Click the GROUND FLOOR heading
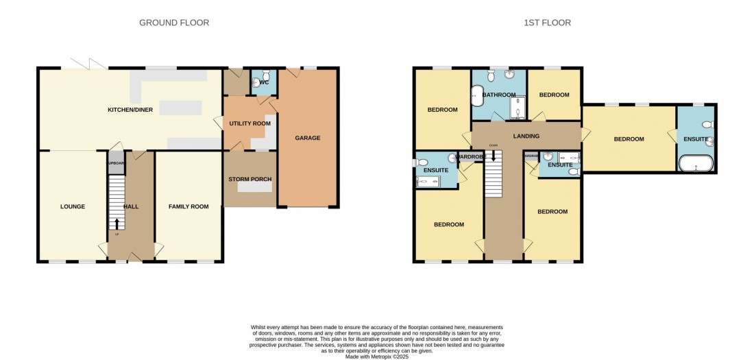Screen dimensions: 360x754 pos(174,23)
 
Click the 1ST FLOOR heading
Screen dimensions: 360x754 pos(548,23)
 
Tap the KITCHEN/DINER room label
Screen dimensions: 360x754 pos(130,110)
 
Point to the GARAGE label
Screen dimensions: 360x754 pos(308,138)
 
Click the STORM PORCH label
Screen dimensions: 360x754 pos(250,179)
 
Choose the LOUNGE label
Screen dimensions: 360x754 pos(72,206)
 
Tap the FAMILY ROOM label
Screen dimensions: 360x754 pos(188,206)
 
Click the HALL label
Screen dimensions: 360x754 pos(130,206)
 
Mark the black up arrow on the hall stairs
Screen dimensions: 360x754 pos(117,223)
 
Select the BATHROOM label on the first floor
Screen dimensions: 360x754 pos(498,95)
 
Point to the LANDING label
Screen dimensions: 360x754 pos(526,136)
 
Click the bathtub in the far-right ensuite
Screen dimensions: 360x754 pos(696,163)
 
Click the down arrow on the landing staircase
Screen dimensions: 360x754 pos(494,156)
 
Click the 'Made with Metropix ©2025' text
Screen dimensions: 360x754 pos(376,355)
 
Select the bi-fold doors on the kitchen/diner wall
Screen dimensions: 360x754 pos(87,64)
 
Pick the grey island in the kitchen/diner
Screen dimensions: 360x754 pos(181,108)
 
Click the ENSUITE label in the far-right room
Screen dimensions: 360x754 pos(695,139)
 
